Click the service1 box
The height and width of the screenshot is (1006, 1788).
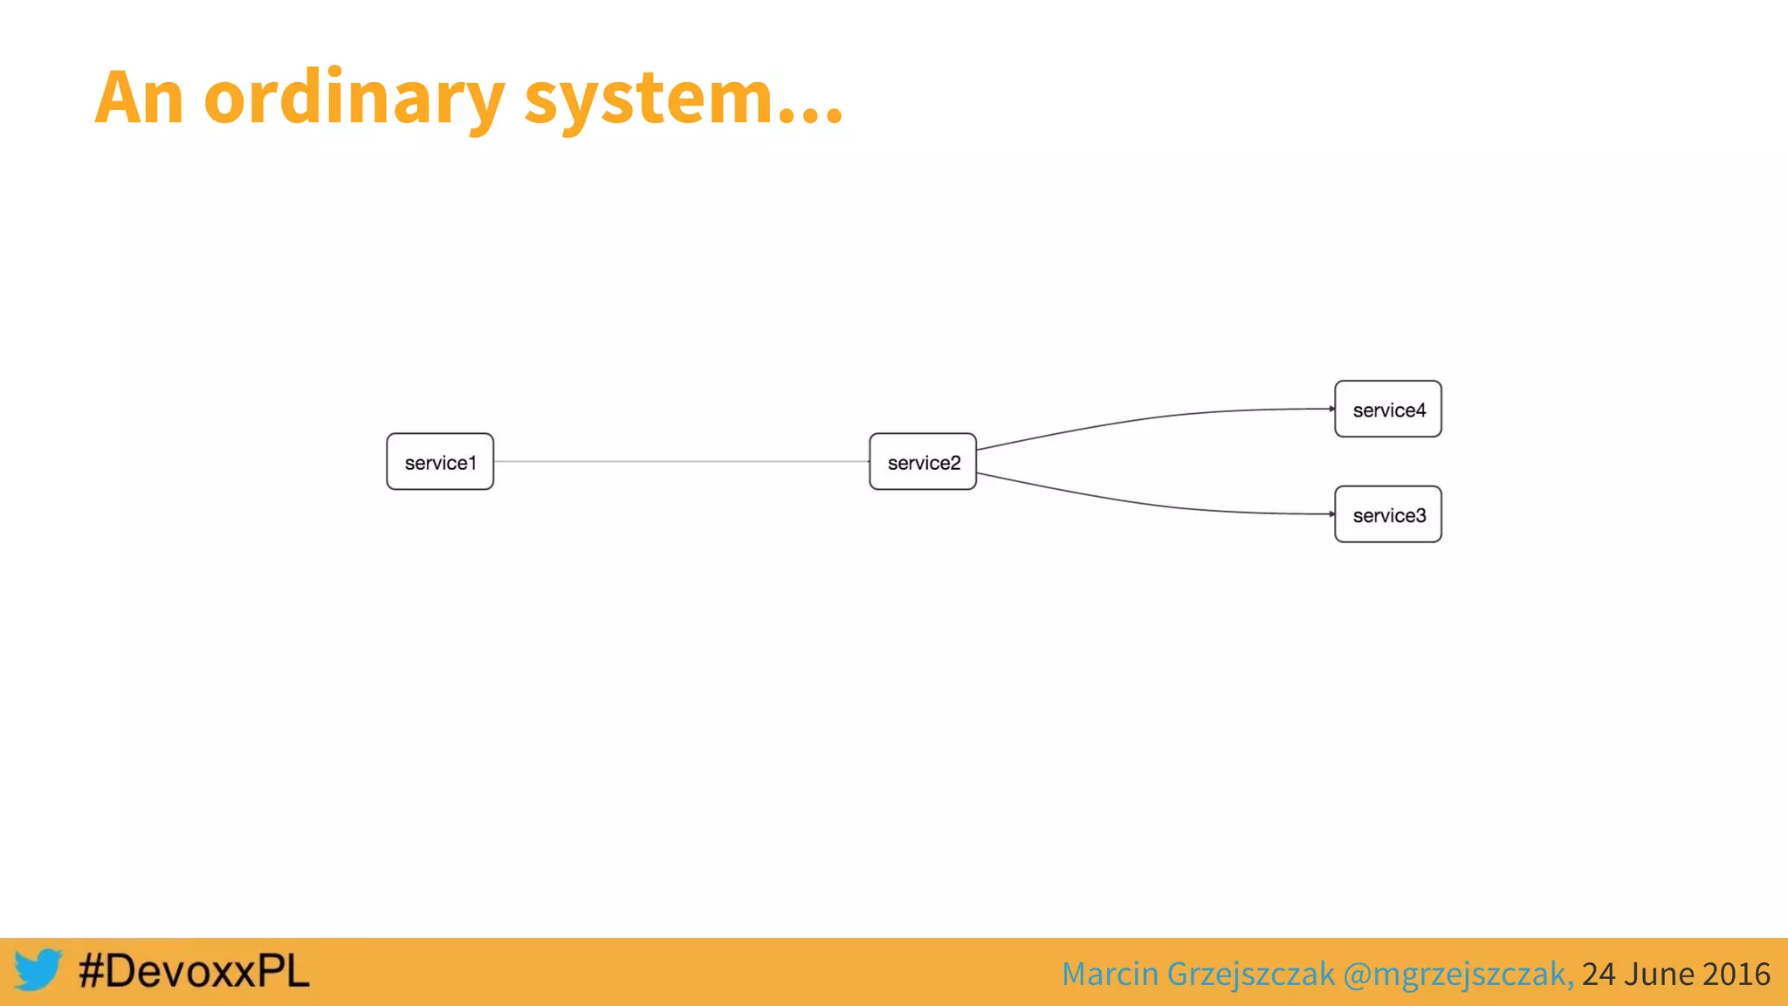(440, 462)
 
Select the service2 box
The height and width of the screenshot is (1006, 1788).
(923, 462)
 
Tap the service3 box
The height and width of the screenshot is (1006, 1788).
(1388, 514)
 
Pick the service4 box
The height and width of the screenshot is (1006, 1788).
(1388, 409)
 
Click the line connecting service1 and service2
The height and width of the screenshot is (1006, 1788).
(681, 461)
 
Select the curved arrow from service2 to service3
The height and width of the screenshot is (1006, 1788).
(1152, 504)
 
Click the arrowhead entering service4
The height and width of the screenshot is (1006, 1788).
(1331, 409)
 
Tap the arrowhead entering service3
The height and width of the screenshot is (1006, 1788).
(1331, 514)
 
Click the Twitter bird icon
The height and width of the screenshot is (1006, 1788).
(38, 970)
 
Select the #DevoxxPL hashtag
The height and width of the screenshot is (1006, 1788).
(194, 971)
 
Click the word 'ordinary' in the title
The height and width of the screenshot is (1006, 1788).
(354, 98)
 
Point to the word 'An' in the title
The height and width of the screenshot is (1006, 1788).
(139, 98)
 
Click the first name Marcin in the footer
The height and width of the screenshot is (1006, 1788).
(1110, 974)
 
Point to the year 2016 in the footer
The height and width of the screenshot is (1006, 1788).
(1736, 974)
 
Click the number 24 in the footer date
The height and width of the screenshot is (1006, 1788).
(1599, 974)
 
